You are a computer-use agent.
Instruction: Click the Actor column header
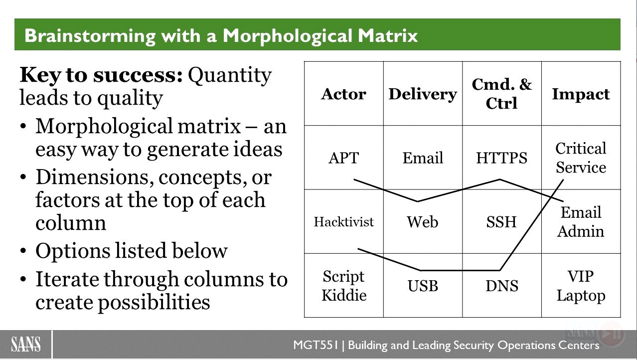point(343,94)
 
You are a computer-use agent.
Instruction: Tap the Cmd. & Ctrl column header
point(501,94)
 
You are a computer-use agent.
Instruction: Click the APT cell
point(343,158)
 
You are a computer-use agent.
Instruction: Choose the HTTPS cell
point(501,158)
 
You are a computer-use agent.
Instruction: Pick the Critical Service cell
point(581,158)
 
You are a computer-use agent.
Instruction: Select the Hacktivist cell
point(343,222)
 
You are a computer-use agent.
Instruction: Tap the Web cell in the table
point(423,222)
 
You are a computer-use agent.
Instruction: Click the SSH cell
point(501,222)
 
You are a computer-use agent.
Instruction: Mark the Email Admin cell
point(581,222)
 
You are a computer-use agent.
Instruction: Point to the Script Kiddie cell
point(344,286)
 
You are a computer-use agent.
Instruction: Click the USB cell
point(423,286)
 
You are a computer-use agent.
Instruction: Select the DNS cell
point(502,286)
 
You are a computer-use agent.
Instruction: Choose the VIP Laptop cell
point(581,286)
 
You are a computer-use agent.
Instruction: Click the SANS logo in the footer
point(25,344)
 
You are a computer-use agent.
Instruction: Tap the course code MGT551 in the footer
point(316,345)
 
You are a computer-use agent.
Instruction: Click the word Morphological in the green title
point(287,36)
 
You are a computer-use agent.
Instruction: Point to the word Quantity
point(230,76)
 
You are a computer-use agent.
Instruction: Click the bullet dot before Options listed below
point(23,251)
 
